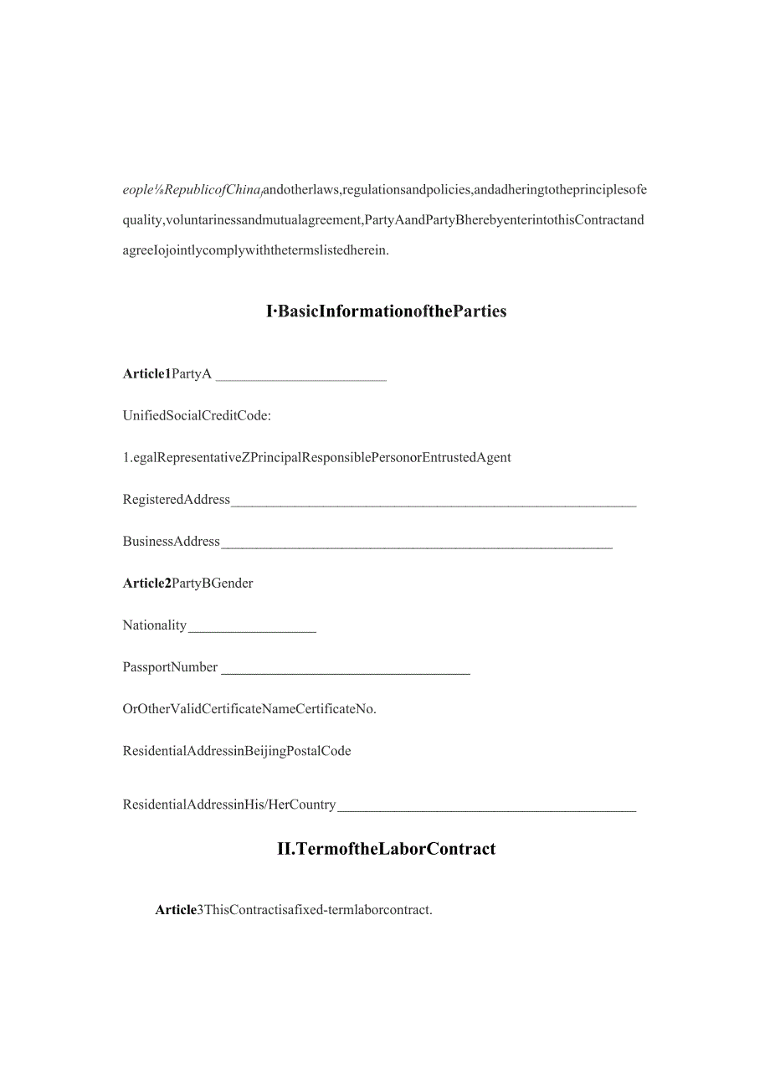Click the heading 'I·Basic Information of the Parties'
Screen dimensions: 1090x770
pyautogui.click(x=386, y=311)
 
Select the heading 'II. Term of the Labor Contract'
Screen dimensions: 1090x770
pyautogui.click(x=386, y=849)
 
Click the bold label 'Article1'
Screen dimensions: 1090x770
pyautogui.click(x=146, y=374)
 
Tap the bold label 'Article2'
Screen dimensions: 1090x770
pyautogui.click(x=146, y=584)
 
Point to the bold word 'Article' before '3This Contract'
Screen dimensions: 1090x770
pyautogui.click(x=176, y=910)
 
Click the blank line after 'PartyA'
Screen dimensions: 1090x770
pyautogui.click(x=300, y=378)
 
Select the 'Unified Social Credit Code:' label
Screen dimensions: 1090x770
pyautogui.click(x=197, y=415)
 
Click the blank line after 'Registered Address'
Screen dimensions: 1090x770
pyautogui.click(x=433, y=504)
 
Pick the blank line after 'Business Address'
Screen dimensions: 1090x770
pyautogui.click(x=416, y=546)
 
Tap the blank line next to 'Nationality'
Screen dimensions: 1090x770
pyautogui.click(x=252, y=630)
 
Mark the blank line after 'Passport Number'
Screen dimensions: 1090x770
pyautogui.click(x=345, y=671)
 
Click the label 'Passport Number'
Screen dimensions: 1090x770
pyautogui.click(x=170, y=667)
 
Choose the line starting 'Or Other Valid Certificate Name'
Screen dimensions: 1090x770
pyautogui.click(x=249, y=709)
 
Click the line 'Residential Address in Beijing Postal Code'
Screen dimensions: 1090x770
pyautogui.click(x=237, y=751)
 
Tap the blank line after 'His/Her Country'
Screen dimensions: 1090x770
pyautogui.click(x=486, y=809)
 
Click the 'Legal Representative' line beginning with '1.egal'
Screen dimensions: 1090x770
pyautogui.click(x=316, y=457)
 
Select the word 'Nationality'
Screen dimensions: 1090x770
pyautogui.click(x=155, y=625)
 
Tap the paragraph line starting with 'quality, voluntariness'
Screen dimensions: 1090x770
pyautogui.click(x=383, y=221)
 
